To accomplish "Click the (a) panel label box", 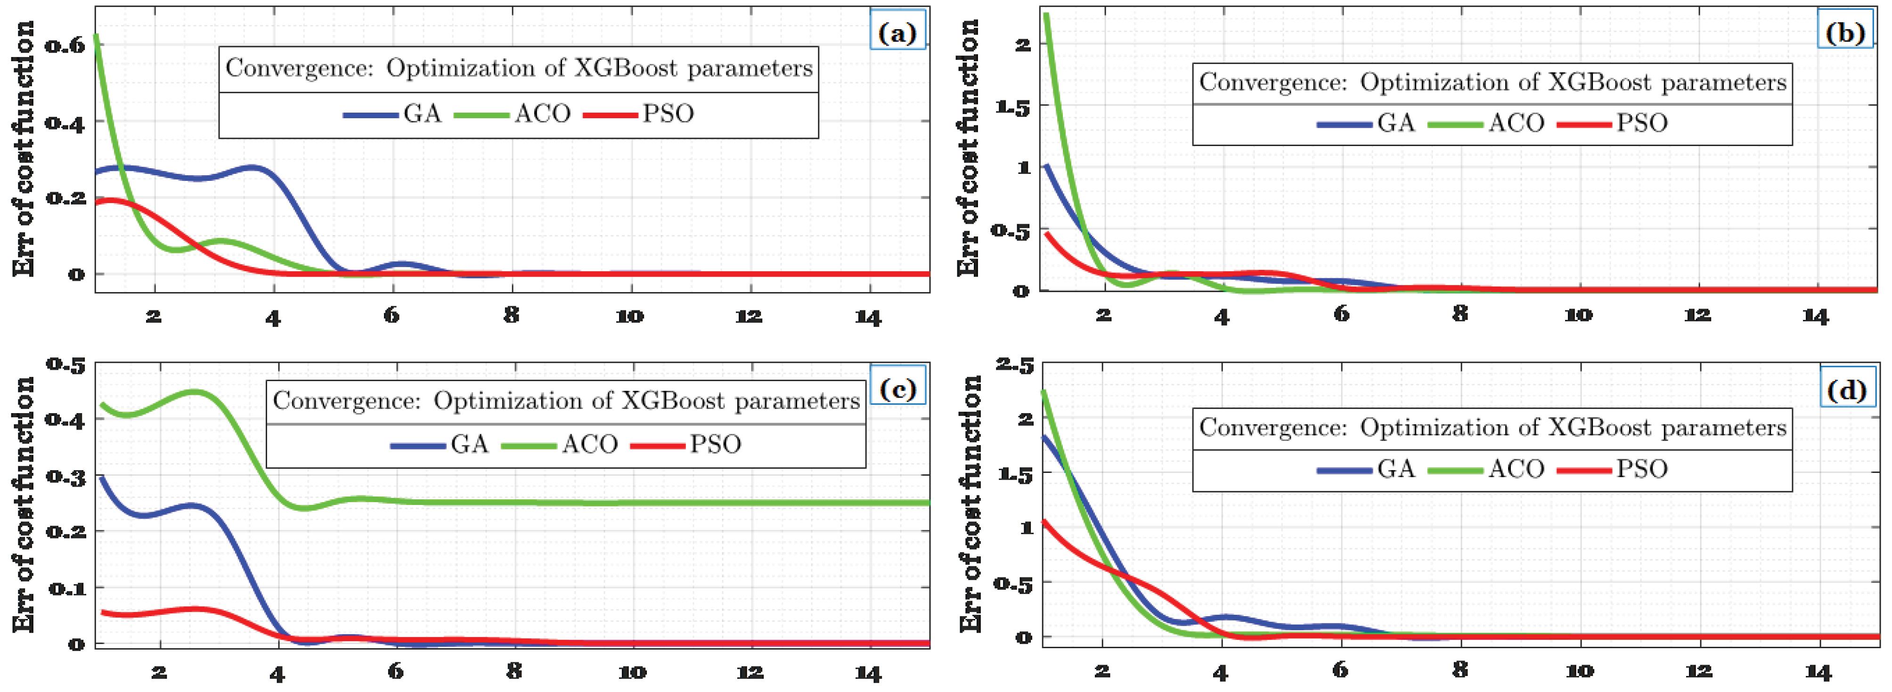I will (x=897, y=33).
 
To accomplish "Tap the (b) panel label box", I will (x=1844, y=33).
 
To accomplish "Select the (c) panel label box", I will (x=897, y=390).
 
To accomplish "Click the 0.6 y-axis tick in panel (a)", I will (x=65, y=46).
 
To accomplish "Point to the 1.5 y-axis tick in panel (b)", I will (x=1012, y=106).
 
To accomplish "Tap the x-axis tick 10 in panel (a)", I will (x=629, y=317).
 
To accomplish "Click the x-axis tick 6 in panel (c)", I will (x=396, y=671).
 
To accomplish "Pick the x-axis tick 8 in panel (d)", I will (x=1460, y=669).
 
